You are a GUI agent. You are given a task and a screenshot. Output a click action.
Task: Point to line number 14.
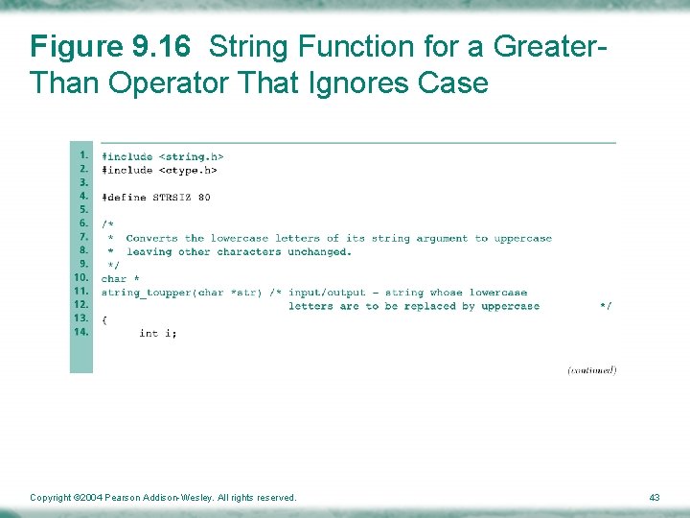tap(81, 331)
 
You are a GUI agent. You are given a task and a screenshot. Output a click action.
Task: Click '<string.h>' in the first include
tap(191, 156)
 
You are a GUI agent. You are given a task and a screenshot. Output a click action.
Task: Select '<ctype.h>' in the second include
tap(188, 170)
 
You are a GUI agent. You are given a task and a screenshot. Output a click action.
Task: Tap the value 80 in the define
tap(204, 198)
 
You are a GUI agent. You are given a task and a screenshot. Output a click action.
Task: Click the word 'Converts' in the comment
tap(151, 238)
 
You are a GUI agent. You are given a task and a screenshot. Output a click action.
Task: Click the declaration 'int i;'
tap(157, 333)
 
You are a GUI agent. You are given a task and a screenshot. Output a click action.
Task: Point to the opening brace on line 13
tap(104, 318)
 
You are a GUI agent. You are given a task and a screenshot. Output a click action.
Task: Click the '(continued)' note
tap(591, 369)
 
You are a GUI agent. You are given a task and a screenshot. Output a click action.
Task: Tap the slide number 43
tap(654, 497)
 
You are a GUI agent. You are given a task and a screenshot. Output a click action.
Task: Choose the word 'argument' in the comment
tap(440, 238)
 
